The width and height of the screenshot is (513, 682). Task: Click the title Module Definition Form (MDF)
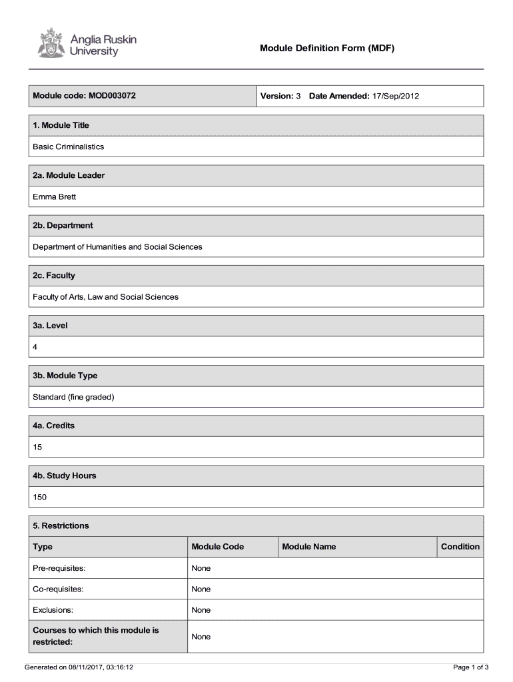[x=327, y=48]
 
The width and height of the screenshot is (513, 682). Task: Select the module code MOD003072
[x=110, y=96]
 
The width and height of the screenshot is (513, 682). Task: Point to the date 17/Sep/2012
[x=396, y=96]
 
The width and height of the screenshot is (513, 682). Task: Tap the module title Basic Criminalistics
[x=69, y=147]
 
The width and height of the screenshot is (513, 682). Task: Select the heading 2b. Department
[x=63, y=225]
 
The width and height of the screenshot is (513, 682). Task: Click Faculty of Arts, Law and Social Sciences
[x=106, y=296]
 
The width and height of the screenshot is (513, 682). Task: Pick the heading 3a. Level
[x=51, y=326]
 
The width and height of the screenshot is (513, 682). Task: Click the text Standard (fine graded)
[x=74, y=397]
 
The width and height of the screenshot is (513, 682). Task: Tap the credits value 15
[x=37, y=447]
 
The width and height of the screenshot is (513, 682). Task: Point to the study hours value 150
[x=40, y=497]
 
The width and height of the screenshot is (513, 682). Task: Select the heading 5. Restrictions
[x=61, y=525]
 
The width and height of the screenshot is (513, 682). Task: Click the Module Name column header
[x=309, y=547]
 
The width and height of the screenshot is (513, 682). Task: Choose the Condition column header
[x=460, y=547]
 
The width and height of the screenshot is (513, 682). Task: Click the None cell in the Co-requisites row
[x=201, y=589]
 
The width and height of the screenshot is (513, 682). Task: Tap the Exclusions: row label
[x=53, y=609]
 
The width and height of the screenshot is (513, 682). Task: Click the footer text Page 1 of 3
[x=471, y=667]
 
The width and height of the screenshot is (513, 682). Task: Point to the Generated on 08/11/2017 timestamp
[x=79, y=667]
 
